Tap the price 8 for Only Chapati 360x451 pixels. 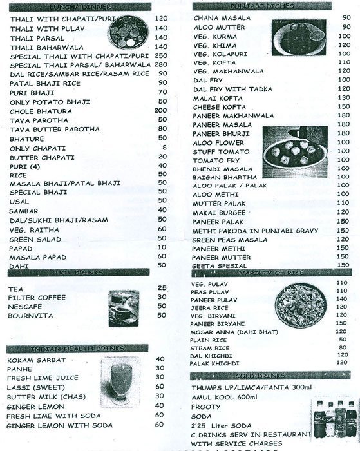(x=164, y=148)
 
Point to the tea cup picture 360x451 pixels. (x=121, y=305)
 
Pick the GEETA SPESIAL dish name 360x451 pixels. (x=221, y=265)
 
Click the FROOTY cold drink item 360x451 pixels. (x=207, y=407)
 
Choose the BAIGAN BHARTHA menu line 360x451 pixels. (x=225, y=177)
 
